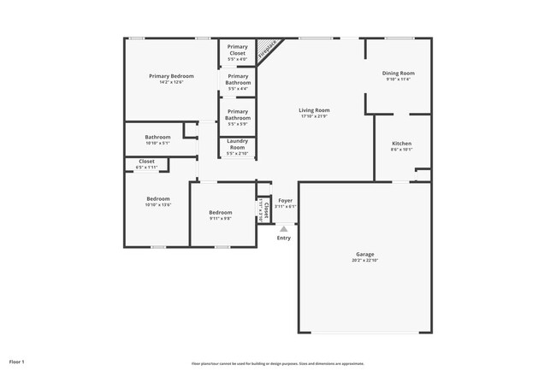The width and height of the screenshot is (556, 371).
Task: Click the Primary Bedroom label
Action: (x=170, y=76)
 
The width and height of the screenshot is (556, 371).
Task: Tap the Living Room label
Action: (x=314, y=110)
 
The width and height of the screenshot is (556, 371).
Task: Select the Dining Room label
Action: (x=398, y=74)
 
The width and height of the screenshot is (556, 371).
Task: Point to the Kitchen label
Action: (x=402, y=143)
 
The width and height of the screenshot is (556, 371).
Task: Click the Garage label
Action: (x=365, y=254)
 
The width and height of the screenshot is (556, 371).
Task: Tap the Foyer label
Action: (x=286, y=200)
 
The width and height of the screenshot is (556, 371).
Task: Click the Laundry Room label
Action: (x=237, y=143)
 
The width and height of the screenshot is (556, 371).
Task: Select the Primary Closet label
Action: (x=237, y=50)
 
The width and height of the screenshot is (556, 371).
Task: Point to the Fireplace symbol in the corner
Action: (x=269, y=48)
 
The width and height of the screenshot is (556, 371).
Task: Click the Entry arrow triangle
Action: (x=283, y=228)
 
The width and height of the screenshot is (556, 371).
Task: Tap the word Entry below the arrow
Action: (x=283, y=238)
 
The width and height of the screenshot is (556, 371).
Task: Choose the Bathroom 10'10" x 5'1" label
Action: (x=157, y=137)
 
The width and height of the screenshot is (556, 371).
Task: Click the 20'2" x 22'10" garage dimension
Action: (x=365, y=260)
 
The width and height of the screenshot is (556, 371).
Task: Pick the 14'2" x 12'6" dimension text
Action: (x=170, y=82)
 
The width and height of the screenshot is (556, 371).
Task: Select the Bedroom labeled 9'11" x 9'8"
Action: (x=221, y=212)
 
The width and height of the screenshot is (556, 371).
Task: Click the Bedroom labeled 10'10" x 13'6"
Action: (x=158, y=199)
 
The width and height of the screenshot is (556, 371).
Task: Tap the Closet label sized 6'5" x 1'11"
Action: (x=146, y=161)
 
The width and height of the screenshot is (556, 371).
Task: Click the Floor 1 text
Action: (x=17, y=362)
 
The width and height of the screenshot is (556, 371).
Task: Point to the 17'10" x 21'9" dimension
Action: (x=314, y=116)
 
